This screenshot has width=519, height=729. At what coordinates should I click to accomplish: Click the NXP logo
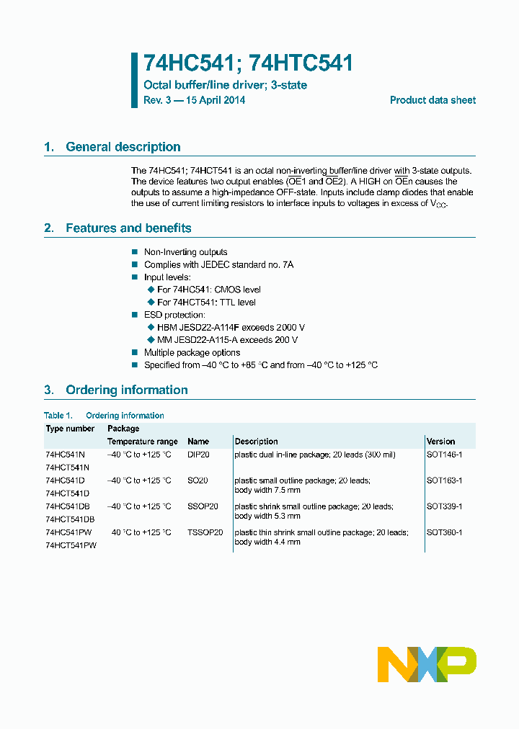[x=427, y=664]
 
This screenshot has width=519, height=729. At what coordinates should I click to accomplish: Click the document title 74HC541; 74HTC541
[x=249, y=63]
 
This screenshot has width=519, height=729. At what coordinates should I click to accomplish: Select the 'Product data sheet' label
[x=432, y=100]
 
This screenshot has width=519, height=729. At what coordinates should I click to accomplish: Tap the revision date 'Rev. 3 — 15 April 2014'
[x=195, y=100]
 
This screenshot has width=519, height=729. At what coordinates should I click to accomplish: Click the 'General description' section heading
[x=123, y=147]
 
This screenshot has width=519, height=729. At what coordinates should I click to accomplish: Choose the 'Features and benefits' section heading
[x=128, y=228]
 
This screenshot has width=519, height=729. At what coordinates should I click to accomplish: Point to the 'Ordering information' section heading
[x=126, y=390]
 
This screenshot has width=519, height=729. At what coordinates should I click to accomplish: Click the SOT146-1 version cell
[x=444, y=455]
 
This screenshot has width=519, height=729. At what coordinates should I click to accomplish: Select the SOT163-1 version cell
[x=444, y=480]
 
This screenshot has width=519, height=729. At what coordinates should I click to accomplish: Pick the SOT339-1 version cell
[x=444, y=506]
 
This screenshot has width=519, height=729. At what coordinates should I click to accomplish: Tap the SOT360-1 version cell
[x=444, y=532]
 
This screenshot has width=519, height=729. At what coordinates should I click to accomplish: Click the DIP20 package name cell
[x=198, y=455]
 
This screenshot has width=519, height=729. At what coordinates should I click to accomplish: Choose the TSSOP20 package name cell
[x=205, y=532]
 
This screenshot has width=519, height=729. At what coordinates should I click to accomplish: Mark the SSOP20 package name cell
[x=203, y=506]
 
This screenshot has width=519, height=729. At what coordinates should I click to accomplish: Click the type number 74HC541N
[x=65, y=455]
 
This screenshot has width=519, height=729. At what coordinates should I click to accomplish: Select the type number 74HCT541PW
[x=71, y=545]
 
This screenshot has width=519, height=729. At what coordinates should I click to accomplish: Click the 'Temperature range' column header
[x=143, y=441]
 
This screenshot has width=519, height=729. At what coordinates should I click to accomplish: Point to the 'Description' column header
[x=256, y=441]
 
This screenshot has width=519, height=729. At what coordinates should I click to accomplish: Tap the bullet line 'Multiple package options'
[x=192, y=352]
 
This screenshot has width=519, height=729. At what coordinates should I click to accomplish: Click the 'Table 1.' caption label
[x=58, y=416]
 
